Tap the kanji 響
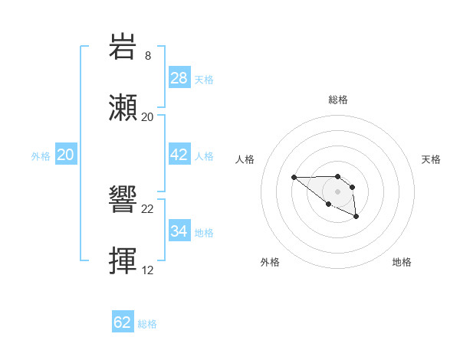click(123, 201)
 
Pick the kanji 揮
click(123, 261)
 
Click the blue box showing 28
click(179, 78)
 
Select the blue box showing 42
click(179, 155)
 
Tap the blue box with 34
click(179, 231)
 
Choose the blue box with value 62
click(123, 322)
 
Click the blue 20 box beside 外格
click(65, 155)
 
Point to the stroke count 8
click(148, 55)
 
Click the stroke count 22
click(148, 209)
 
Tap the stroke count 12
click(148, 270)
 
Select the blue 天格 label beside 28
click(204, 80)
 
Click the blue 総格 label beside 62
click(147, 324)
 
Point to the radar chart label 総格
click(338, 100)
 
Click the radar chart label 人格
click(245, 159)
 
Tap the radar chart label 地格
click(402, 262)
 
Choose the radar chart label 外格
click(270, 262)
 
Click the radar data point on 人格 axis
click(294, 178)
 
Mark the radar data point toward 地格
click(356, 218)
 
